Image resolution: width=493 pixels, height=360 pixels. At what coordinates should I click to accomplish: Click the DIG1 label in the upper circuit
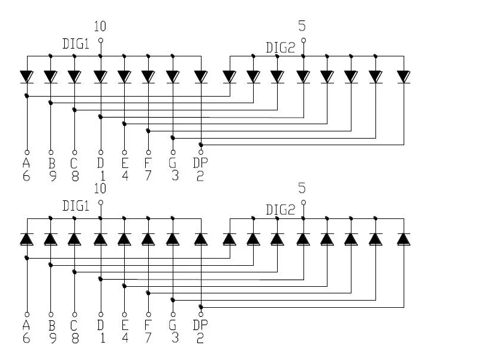click(x=76, y=44)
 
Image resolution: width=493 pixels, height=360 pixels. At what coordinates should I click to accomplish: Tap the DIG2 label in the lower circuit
click(x=281, y=210)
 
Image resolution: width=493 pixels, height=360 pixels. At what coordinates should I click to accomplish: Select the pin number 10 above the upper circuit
click(x=100, y=26)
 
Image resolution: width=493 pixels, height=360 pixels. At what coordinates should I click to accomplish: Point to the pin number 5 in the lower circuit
click(x=302, y=188)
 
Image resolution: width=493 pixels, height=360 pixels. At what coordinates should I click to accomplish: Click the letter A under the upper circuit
click(x=26, y=163)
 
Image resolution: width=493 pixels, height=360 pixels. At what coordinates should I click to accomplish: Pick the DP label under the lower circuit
click(x=200, y=325)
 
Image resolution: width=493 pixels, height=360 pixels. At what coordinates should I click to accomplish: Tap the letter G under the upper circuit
click(x=172, y=163)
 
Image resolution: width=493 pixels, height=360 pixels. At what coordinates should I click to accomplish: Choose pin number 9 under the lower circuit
click(x=53, y=338)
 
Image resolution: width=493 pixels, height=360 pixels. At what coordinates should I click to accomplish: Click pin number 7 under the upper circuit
click(x=148, y=176)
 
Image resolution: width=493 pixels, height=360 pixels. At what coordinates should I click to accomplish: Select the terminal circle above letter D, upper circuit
click(x=101, y=152)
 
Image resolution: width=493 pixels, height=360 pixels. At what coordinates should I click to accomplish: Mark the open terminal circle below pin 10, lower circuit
click(x=101, y=203)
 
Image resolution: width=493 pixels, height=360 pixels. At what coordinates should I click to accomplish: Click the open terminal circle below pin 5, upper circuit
click(x=303, y=40)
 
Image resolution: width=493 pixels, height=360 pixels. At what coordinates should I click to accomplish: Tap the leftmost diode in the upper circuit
click(x=27, y=77)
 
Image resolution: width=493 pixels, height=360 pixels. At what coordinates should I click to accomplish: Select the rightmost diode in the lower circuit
click(x=404, y=239)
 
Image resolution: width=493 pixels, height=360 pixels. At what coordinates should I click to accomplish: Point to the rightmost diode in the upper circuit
click(x=404, y=77)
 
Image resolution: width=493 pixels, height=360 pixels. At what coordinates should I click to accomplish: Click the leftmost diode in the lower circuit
click(x=27, y=239)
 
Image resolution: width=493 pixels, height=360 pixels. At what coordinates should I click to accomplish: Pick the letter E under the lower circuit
click(x=125, y=325)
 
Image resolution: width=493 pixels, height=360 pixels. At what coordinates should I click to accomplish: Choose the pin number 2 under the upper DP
click(x=200, y=176)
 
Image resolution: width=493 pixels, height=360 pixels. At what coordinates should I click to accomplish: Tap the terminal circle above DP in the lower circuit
click(x=201, y=314)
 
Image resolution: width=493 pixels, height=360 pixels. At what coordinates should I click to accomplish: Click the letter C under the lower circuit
click(x=74, y=325)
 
